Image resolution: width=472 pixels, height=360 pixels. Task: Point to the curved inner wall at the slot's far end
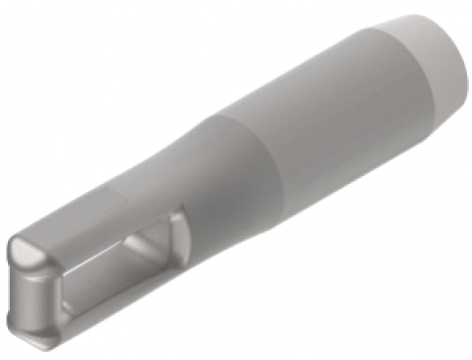pyautogui.click(x=162, y=243)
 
